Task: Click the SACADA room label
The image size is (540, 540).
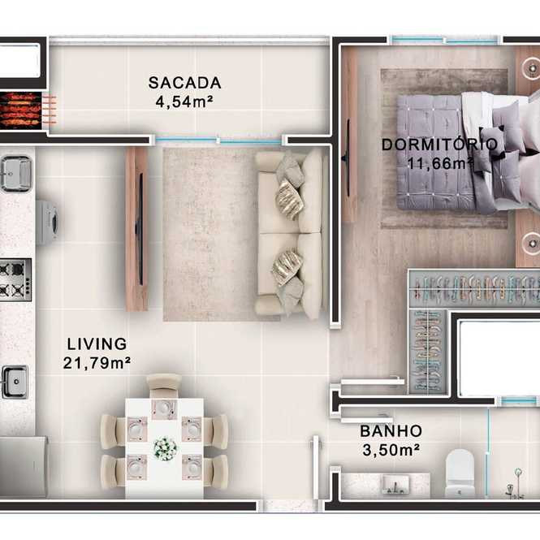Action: click(184, 83)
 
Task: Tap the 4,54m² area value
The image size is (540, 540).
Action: click(184, 102)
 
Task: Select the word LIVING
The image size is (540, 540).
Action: click(97, 344)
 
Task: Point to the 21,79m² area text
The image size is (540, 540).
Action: click(97, 363)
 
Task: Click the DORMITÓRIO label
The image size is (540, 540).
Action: click(440, 145)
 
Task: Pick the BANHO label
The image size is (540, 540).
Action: click(391, 431)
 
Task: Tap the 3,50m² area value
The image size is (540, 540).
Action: click(391, 450)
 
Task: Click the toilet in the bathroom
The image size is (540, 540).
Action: click(460, 473)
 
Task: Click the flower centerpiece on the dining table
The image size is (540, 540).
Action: click(165, 448)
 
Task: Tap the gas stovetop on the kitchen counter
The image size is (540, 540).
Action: click(15, 279)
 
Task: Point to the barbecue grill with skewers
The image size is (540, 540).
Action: click(21, 110)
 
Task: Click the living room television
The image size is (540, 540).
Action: click(140, 229)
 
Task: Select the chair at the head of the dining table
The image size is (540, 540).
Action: click(164, 386)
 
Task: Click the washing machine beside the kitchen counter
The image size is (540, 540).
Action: click(47, 222)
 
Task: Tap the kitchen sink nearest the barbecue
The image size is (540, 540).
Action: click(16, 173)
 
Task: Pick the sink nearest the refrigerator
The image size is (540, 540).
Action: click(15, 382)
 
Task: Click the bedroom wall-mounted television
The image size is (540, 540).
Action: click(348, 158)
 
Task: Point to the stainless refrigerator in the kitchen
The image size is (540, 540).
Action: click(23, 467)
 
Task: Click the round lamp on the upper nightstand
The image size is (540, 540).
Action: click(531, 67)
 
